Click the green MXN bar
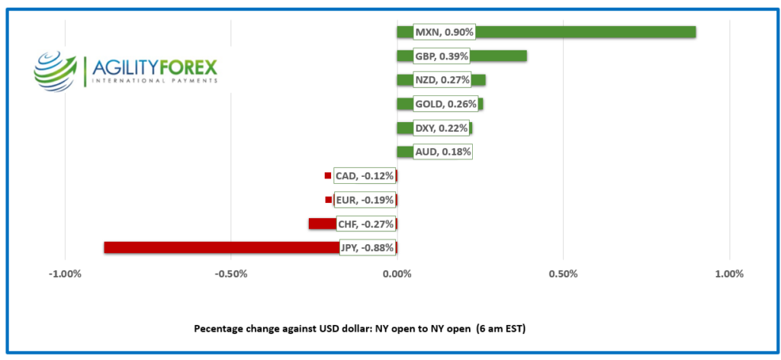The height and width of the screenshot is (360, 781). click(x=587, y=32)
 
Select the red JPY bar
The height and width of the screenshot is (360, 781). click(x=221, y=248)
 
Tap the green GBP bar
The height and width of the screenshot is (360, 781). click(x=499, y=56)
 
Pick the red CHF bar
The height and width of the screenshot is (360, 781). click(x=321, y=223)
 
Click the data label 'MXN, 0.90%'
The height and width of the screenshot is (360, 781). click(x=444, y=32)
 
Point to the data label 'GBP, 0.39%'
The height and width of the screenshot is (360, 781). click(x=441, y=56)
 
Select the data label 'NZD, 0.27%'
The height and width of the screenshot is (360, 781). click(x=441, y=80)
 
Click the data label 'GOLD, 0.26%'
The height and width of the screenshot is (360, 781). click(x=445, y=104)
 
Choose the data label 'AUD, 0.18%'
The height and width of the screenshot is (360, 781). click(x=442, y=152)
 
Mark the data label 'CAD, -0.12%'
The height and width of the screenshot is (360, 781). click(x=365, y=176)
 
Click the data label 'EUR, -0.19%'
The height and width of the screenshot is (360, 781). click(x=365, y=200)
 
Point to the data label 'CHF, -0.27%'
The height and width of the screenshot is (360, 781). click(x=365, y=224)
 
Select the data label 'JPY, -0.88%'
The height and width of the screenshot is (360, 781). click(x=367, y=248)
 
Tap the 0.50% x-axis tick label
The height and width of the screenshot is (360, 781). click(x=563, y=274)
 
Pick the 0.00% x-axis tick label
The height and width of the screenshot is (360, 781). click(x=397, y=274)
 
